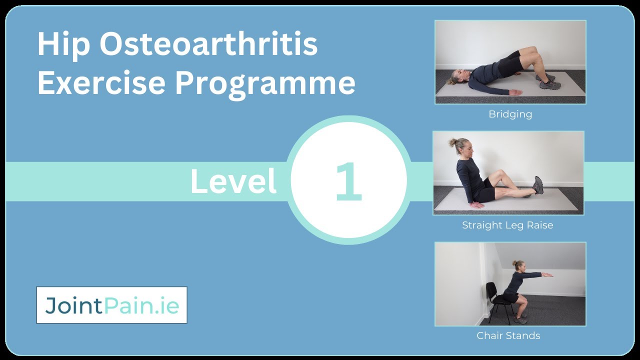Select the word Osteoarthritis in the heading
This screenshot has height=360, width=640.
(208, 44)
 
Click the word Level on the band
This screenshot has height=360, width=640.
(233, 181)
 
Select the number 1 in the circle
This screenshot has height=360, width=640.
(348, 182)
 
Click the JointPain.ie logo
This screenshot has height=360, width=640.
(111, 305)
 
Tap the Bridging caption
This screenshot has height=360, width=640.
(510, 114)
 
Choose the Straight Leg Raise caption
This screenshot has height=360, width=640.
(507, 225)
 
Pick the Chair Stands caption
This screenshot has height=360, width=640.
(508, 335)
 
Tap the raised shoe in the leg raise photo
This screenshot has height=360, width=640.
(538, 184)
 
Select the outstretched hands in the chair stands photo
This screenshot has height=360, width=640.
(547, 274)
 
